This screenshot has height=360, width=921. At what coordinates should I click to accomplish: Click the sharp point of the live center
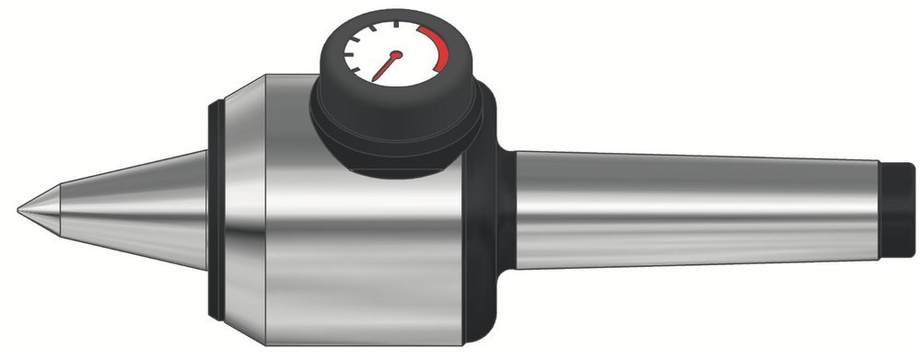coord(20,211)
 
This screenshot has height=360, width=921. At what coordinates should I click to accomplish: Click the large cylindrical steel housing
coord(368,239)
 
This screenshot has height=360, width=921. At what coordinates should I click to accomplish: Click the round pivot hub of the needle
coord(397,54)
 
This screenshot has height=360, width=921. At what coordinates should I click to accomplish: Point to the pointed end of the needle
coord(376,79)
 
